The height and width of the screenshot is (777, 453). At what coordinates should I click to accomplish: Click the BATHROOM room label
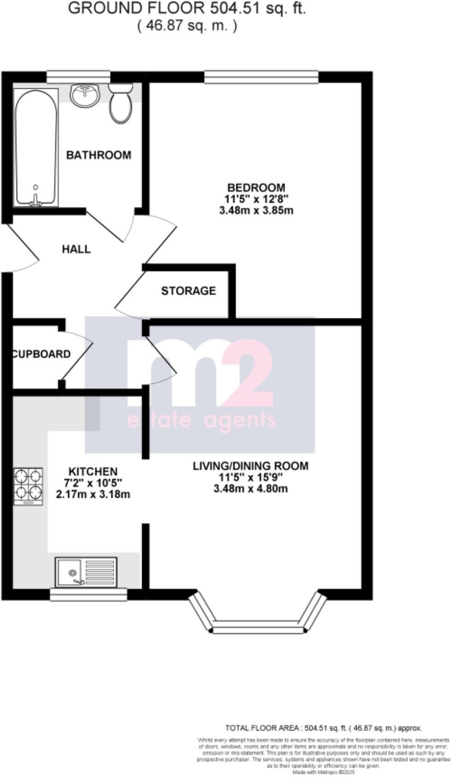[99, 155]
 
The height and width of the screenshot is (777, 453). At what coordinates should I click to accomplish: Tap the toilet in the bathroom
[121, 103]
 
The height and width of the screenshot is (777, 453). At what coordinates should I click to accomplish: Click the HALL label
[76, 249]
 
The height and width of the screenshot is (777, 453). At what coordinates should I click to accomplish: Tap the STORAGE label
[188, 291]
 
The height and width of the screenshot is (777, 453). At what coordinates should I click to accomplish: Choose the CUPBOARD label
[41, 354]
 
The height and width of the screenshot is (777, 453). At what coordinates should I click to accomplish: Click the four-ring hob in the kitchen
[29, 487]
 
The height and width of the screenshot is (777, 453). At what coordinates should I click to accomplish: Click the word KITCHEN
[93, 472]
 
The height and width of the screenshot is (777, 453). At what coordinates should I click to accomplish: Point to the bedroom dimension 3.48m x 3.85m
[256, 211]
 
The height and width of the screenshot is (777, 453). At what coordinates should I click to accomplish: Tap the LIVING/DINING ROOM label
[250, 466]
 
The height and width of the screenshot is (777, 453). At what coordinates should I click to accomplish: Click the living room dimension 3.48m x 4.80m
[250, 488]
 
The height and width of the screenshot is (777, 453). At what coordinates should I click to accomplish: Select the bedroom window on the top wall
[261, 77]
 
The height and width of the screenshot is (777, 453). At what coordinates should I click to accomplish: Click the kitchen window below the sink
[88, 595]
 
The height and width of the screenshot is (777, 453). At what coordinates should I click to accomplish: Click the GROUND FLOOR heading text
[187, 8]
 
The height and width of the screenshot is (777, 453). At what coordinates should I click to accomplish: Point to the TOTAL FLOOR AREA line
[323, 728]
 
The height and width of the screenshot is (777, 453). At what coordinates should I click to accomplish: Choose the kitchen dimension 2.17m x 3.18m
[93, 495]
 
